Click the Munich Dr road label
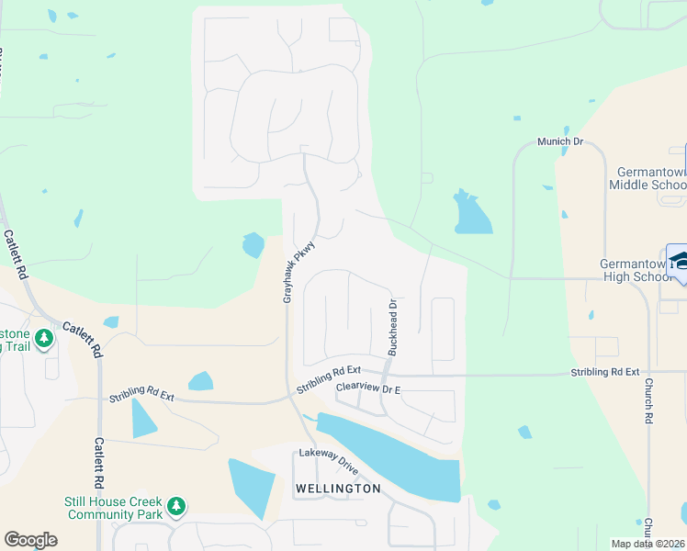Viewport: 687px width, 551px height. (559, 142)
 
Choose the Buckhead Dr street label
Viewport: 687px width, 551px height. (392, 328)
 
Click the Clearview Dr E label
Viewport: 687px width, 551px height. (368, 388)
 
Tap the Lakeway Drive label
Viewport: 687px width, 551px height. (329, 461)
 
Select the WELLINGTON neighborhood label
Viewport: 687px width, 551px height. (337, 489)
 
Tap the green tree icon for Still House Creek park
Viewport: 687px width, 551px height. (176, 505)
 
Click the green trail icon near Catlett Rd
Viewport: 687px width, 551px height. (43, 338)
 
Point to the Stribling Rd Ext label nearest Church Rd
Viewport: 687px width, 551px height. (604, 372)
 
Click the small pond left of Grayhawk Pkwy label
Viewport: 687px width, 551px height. (253, 245)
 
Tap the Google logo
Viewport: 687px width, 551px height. (30, 540)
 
